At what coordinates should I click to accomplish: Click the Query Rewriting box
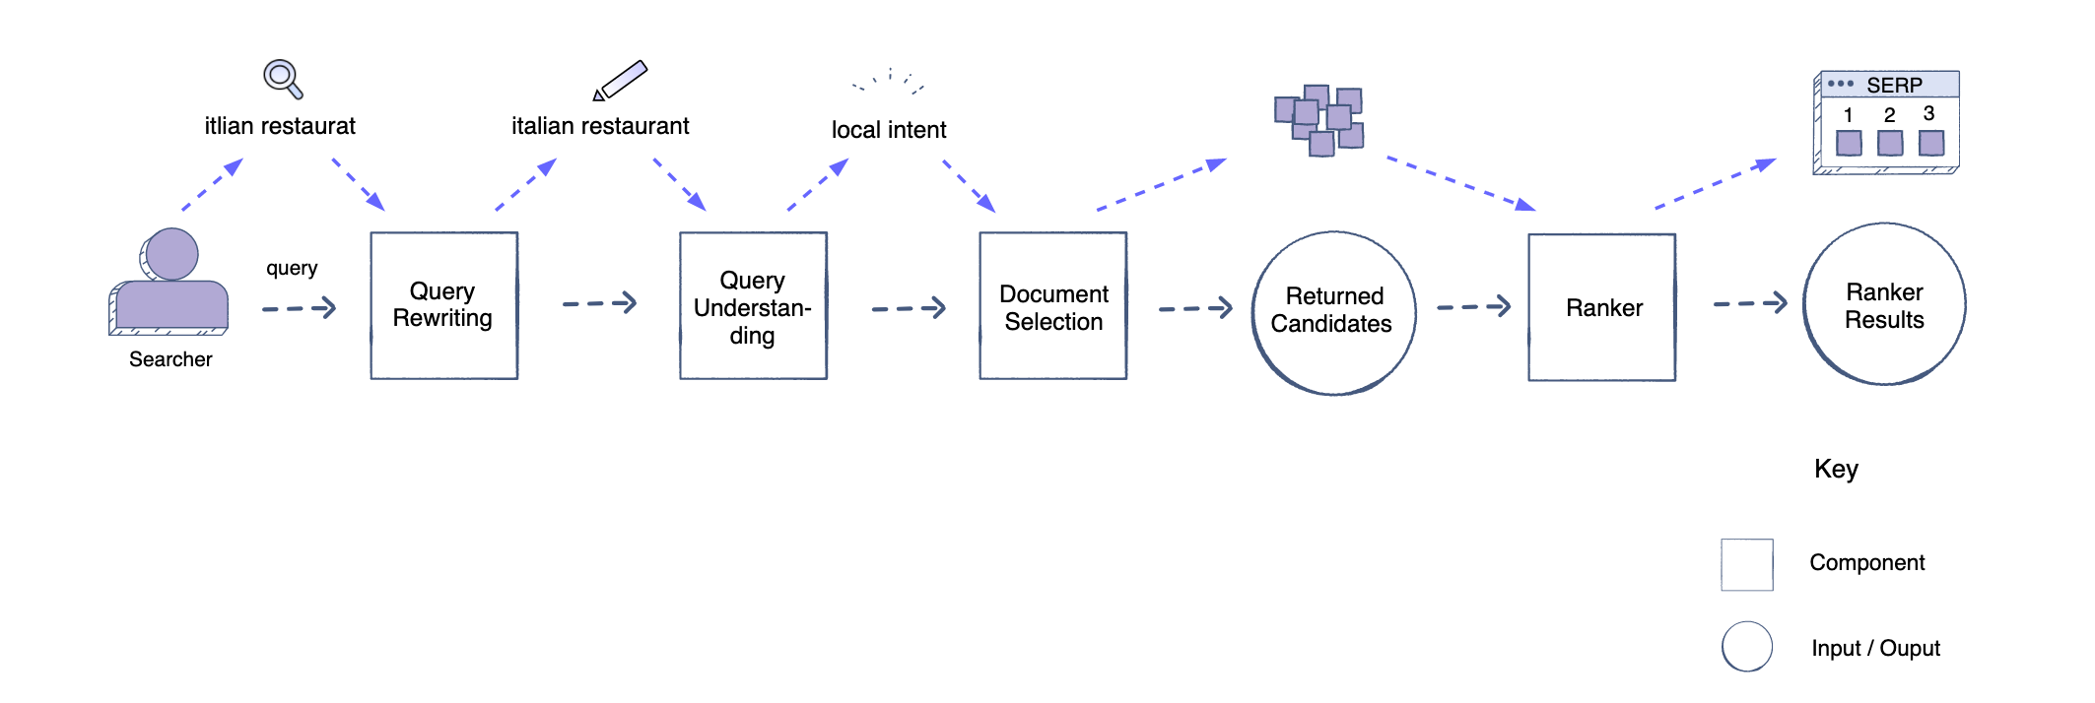pyautogui.click(x=443, y=305)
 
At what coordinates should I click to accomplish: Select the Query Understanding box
pyautogui.click(x=753, y=306)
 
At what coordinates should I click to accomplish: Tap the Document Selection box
pyautogui.click(x=1052, y=306)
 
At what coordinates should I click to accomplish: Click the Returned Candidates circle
pyautogui.click(x=1333, y=312)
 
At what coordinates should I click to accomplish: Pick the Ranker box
pyautogui.click(x=1601, y=307)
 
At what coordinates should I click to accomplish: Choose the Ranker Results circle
pyautogui.click(x=1884, y=304)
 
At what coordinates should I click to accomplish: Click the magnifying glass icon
pyautogui.click(x=282, y=78)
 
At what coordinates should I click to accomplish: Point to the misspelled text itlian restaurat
pyautogui.click(x=280, y=126)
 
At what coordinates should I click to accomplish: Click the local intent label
pyautogui.click(x=888, y=130)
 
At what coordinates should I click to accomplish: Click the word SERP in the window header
pyautogui.click(x=1894, y=85)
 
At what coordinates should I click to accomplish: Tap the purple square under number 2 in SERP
pyautogui.click(x=1890, y=144)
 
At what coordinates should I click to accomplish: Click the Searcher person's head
pyautogui.click(x=171, y=254)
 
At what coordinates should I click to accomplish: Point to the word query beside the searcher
pyautogui.click(x=292, y=268)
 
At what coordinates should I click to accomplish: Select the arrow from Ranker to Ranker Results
pyautogui.click(x=1750, y=303)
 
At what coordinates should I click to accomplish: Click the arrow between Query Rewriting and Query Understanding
pyautogui.click(x=599, y=303)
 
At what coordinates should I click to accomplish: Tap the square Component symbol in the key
pyautogui.click(x=1746, y=564)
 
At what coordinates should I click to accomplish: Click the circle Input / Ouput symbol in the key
pyautogui.click(x=1746, y=647)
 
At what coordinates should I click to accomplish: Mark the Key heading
pyautogui.click(x=1836, y=469)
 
